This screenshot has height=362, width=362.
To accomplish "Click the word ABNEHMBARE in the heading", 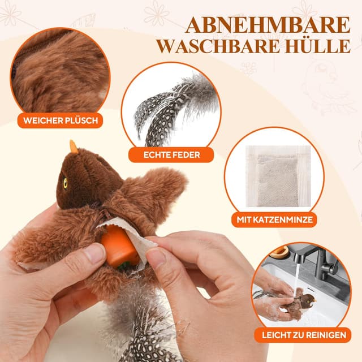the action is pos(268,25).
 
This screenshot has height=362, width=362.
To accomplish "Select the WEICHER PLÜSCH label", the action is pos(61,120).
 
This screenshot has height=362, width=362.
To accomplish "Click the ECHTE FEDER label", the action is pos(171,154).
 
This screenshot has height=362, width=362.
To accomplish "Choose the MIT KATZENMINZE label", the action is pos(274,219).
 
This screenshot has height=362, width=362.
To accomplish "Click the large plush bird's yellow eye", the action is pos(66,183).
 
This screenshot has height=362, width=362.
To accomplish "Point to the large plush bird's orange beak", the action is pos(74,146).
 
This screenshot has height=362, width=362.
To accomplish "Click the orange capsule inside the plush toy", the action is pos(119,246).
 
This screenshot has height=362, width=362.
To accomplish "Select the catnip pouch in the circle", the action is pos(278,176).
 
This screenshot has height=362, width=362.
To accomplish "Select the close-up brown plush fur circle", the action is pos(60,72).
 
